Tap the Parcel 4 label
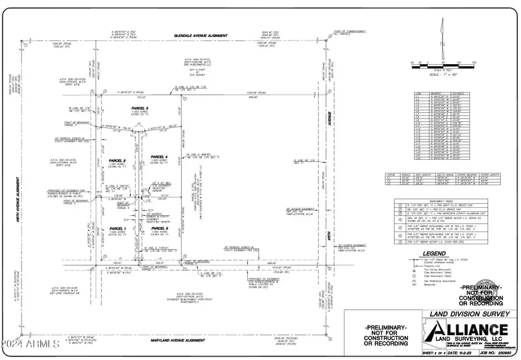coord(159,157)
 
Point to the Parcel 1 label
coord(118,229)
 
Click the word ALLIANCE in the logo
coord(457,329)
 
